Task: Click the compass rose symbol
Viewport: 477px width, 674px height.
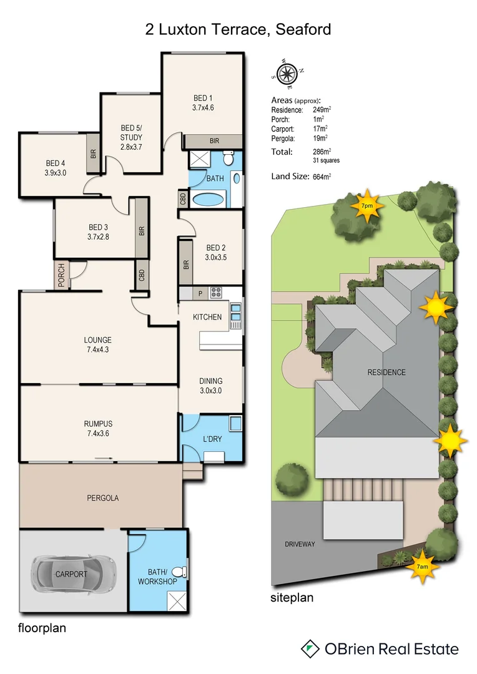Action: tap(287, 74)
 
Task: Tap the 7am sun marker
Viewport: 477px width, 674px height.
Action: tap(422, 567)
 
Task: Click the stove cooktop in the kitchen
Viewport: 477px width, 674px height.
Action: tap(215, 291)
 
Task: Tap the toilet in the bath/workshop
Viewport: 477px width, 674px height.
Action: tap(179, 571)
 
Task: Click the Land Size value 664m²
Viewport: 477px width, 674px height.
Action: tap(322, 177)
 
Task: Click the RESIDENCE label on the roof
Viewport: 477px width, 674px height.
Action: tap(386, 373)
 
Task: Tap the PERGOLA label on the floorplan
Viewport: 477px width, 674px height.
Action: tap(102, 498)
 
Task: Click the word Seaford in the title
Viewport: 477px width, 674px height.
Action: tap(300, 29)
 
